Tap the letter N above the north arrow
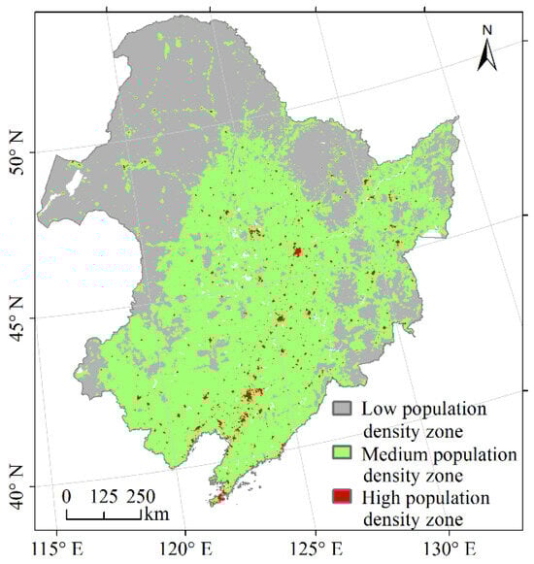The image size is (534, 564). point(487,30)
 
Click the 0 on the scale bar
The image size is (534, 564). point(66,495)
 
